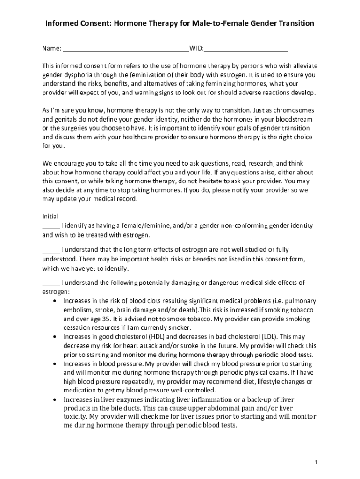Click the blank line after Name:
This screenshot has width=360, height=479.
coord(126,49)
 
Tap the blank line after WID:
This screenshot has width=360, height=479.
coord(246,49)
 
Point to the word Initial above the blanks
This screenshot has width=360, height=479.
coord(50,217)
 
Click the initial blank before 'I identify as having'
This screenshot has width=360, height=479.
coord(51,226)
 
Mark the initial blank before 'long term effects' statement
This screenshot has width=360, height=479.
coord(51,250)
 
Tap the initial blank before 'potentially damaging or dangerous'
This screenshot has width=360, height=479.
coord(51,283)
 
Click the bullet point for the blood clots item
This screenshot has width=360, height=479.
coord(56,301)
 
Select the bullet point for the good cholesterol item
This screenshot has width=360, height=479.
coord(56,336)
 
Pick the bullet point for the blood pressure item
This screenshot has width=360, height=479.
coord(56,363)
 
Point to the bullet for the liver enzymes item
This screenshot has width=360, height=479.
coord(56,399)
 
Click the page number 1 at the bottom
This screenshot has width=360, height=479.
coord(316,463)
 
